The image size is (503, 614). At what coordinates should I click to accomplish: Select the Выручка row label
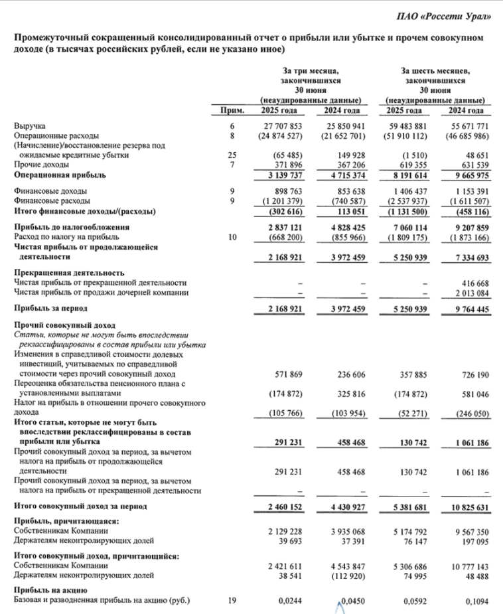coord(31,125)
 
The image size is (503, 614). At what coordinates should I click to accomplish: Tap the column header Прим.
coord(232,110)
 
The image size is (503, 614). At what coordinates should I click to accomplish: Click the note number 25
coord(232,155)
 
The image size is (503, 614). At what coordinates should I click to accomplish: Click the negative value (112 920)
coord(346,568)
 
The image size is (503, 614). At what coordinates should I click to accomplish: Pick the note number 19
coord(232,601)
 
